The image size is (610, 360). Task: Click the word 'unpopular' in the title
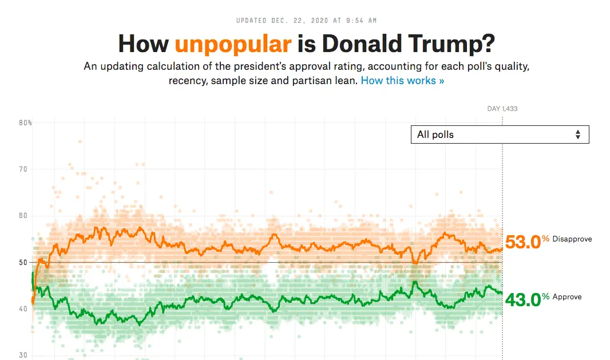(233, 44)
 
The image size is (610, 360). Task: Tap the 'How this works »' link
(402, 81)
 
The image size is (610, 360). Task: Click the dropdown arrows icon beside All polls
(578, 134)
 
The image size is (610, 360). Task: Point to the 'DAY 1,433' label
(502, 109)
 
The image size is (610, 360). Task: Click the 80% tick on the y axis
(25, 122)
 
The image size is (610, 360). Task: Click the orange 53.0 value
(522, 242)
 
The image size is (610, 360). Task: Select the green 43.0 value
(522, 299)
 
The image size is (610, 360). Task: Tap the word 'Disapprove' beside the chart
(572, 239)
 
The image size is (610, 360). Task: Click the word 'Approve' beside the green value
(567, 296)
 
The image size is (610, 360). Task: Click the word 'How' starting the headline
(144, 44)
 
